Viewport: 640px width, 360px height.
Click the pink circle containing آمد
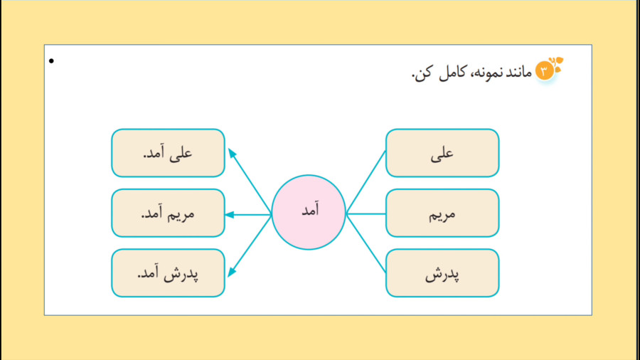click(x=309, y=212)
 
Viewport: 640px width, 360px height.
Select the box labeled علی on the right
click(x=442, y=153)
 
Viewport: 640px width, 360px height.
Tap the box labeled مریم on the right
click(x=442, y=213)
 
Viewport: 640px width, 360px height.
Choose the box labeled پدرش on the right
click(x=442, y=273)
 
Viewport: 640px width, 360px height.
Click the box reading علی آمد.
click(x=168, y=153)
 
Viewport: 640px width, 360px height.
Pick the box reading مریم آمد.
click(x=168, y=213)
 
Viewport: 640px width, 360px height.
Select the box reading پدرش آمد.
click(x=168, y=273)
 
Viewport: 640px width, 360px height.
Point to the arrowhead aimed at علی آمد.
click(x=232, y=153)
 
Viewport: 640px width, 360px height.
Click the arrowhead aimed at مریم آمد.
click(x=230, y=215)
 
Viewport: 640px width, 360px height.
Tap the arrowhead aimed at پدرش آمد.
click(x=232, y=272)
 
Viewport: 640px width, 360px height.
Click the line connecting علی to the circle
click(x=366, y=181)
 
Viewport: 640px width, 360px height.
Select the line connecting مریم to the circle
click(x=366, y=213)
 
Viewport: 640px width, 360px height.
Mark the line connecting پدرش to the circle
click(x=366, y=243)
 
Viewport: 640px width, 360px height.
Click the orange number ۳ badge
click(x=544, y=71)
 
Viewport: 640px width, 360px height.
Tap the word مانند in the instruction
click(x=520, y=73)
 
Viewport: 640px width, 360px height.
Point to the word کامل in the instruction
click(x=452, y=73)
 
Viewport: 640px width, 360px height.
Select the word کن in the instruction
click(x=423, y=73)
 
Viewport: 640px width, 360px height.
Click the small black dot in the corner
click(x=51, y=61)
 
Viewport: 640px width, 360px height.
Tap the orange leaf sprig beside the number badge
click(x=557, y=63)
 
